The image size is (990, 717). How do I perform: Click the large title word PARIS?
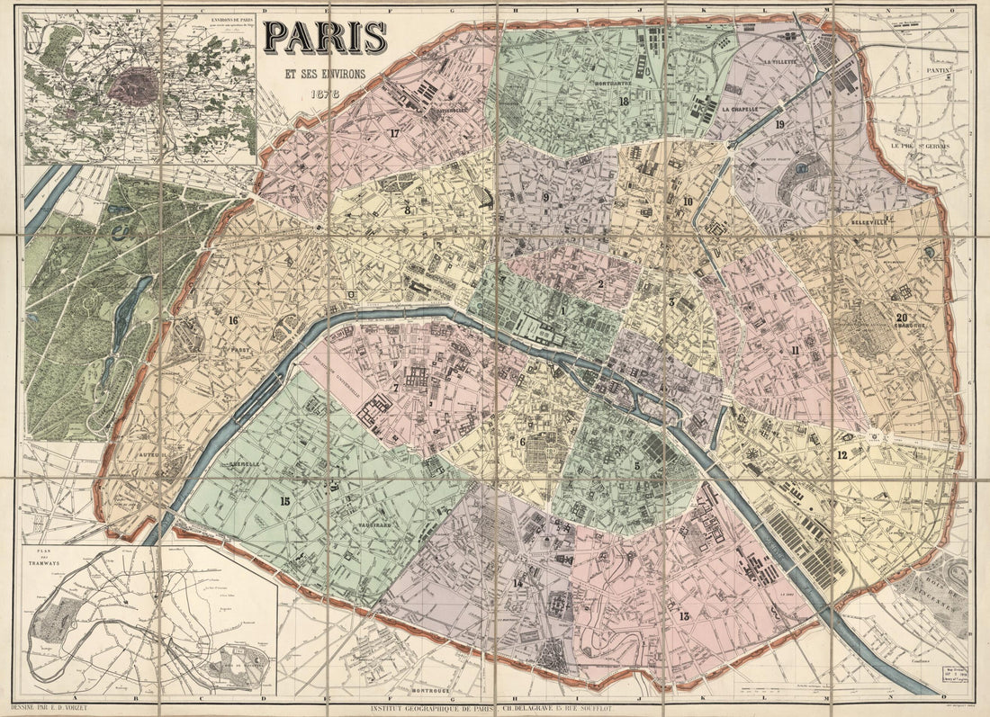pyautogui.click(x=326, y=38)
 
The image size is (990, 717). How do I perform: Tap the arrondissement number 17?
pyautogui.click(x=393, y=133)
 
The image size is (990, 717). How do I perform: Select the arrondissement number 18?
pyautogui.click(x=623, y=101)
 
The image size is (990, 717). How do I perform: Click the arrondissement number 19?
pyautogui.click(x=779, y=124)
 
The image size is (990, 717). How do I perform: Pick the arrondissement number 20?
pyautogui.click(x=901, y=317)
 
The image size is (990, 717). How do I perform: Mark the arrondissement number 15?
pyautogui.click(x=284, y=501)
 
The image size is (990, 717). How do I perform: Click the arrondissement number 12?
pyautogui.click(x=841, y=455)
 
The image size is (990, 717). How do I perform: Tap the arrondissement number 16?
pyautogui.click(x=232, y=320)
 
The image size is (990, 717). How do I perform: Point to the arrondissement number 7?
pyautogui.click(x=395, y=389)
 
